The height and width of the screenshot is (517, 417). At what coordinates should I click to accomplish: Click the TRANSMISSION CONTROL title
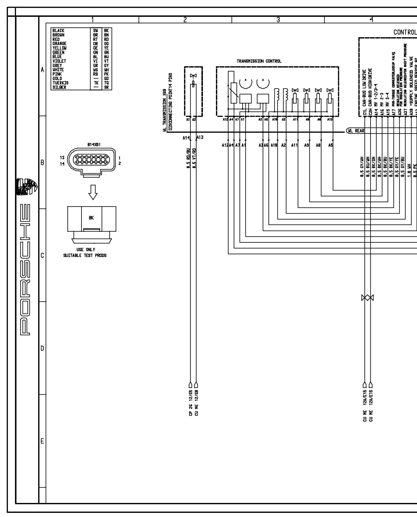pyautogui.click(x=259, y=61)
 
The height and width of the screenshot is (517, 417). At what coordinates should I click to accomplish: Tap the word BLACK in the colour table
pyautogui.click(x=58, y=31)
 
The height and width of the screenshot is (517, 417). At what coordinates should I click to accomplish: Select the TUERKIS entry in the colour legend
pyautogui.click(x=60, y=83)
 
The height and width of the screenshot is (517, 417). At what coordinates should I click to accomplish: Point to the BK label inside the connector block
pyautogui.click(x=91, y=218)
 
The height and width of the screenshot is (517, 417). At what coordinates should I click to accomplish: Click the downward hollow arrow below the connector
pyautogui.click(x=93, y=192)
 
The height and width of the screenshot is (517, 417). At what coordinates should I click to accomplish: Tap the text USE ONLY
pyautogui.click(x=86, y=250)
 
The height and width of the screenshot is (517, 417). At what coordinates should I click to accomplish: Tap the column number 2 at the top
pyautogui.click(x=185, y=20)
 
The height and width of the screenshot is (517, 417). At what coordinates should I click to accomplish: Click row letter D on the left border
pyautogui.click(x=42, y=348)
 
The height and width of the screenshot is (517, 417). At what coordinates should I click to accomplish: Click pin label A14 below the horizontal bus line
pyautogui.click(x=186, y=138)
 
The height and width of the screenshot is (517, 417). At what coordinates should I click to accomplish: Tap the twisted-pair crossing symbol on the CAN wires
pyautogui.click(x=367, y=298)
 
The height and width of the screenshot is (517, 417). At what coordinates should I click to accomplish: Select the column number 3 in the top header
pyautogui.click(x=278, y=20)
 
